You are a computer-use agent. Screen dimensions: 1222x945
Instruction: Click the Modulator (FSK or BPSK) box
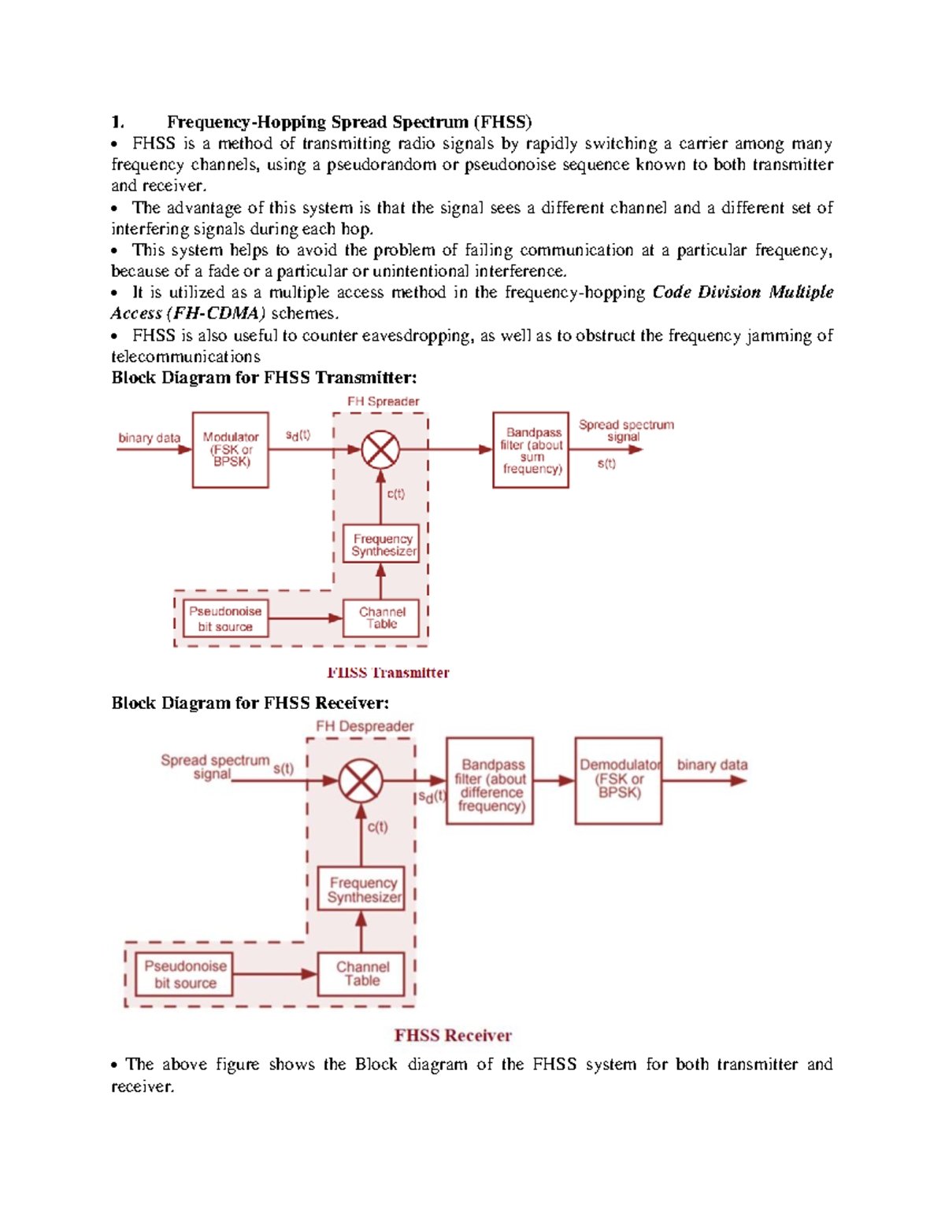click(x=230, y=449)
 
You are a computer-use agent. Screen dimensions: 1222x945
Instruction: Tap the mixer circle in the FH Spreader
click(x=380, y=450)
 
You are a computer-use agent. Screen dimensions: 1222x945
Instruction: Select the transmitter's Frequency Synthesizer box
click(x=381, y=544)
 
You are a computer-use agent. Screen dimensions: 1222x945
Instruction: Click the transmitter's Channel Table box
click(x=381, y=618)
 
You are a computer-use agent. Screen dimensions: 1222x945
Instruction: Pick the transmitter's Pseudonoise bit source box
click(x=225, y=618)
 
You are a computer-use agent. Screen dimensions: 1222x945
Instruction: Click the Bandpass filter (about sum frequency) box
click(x=531, y=449)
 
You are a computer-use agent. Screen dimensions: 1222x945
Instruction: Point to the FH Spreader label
click(x=384, y=401)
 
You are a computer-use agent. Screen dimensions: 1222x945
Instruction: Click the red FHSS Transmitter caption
click(x=387, y=673)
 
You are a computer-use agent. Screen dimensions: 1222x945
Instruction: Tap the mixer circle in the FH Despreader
click(x=361, y=781)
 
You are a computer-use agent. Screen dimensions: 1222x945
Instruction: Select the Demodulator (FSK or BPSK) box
click(x=618, y=781)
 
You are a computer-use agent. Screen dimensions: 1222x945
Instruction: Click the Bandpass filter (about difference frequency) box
click(x=490, y=781)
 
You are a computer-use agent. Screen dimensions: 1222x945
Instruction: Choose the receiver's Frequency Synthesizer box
click(x=361, y=889)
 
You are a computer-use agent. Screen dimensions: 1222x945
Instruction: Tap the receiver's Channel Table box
click(x=361, y=974)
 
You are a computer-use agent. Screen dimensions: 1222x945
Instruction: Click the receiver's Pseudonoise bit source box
click(x=185, y=974)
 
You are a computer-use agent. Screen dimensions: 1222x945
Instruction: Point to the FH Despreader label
click(x=365, y=726)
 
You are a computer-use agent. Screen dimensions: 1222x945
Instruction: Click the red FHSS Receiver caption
click(x=453, y=1036)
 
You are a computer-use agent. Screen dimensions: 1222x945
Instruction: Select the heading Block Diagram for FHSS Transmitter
click(x=264, y=378)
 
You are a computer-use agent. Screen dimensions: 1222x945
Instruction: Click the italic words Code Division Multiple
click(x=743, y=292)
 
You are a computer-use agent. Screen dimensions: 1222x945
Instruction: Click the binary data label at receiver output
click(x=712, y=765)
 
